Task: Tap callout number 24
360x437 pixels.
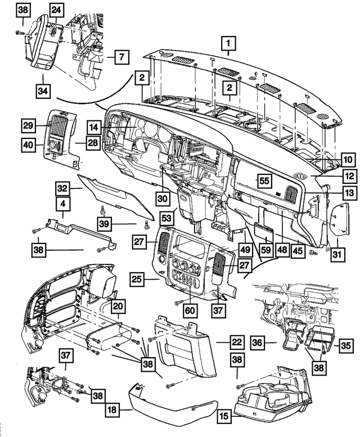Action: (x=56, y=10)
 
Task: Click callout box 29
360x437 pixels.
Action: (x=29, y=125)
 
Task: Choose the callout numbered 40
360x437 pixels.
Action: (x=29, y=144)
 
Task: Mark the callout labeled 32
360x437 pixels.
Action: (x=62, y=188)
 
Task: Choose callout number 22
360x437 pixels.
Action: (x=237, y=342)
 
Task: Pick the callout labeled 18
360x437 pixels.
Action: (x=112, y=411)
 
